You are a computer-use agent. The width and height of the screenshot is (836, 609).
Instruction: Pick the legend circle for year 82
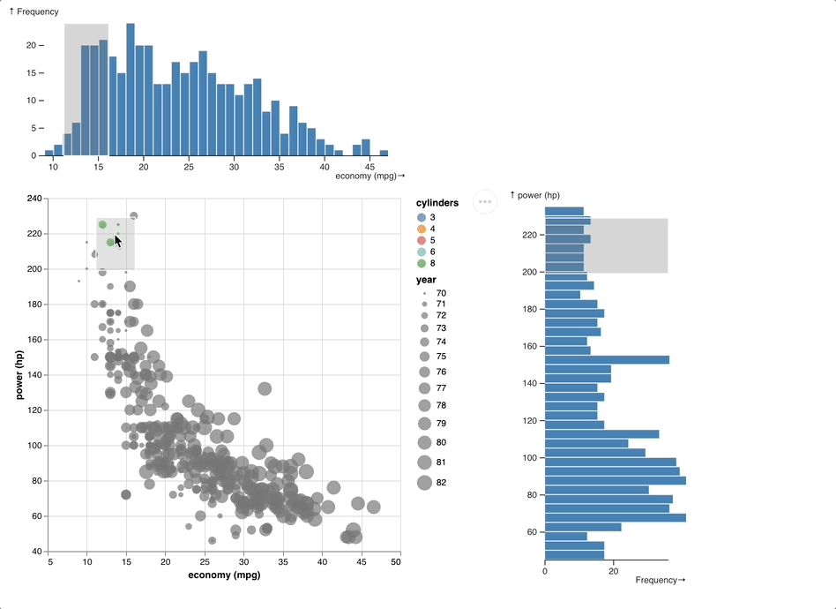pyautogui.click(x=424, y=482)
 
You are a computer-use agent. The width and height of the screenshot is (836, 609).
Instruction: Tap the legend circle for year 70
pyautogui.click(x=424, y=292)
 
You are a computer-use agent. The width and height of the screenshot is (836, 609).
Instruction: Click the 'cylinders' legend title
pyautogui.click(x=437, y=203)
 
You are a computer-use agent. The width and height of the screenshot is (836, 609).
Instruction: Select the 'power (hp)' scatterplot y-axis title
pyautogui.click(x=20, y=374)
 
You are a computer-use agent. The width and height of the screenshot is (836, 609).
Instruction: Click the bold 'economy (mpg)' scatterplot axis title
pyautogui.click(x=224, y=576)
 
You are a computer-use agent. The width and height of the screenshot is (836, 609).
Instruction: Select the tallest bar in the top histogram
pyautogui.click(x=131, y=89)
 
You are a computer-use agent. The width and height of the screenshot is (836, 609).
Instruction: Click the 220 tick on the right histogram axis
pyautogui.click(x=529, y=235)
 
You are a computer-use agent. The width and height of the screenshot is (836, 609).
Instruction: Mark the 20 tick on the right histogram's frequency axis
pyautogui.click(x=614, y=571)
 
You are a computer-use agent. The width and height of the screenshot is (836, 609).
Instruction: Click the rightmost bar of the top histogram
pyautogui.click(x=384, y=153)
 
